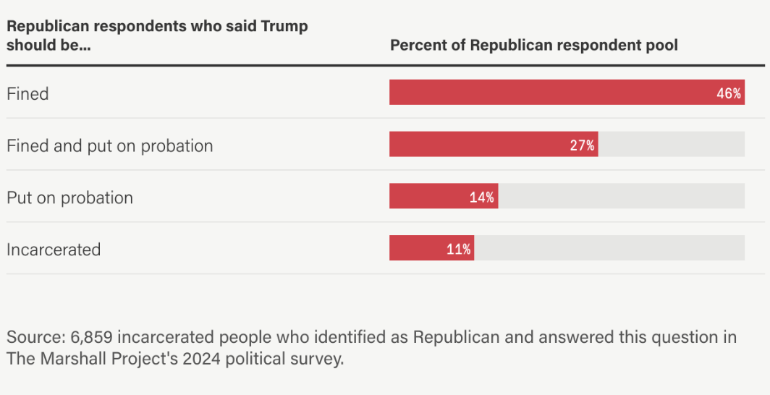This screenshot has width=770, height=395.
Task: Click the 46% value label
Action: point(729,93)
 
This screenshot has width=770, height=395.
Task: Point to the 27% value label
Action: point(582,145)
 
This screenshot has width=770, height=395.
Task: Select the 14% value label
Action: point(482,197)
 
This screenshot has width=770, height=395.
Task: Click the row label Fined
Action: point(27,94)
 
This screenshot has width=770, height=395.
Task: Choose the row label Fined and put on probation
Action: point(110,146)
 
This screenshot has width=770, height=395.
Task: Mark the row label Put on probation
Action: point(69,198)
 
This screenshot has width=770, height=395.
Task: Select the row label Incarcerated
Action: point(54,250)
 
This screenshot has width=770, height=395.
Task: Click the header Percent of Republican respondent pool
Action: point(534,46)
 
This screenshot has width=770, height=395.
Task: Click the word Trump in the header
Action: point(284,27)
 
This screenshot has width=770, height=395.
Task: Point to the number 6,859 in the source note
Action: point(92,338)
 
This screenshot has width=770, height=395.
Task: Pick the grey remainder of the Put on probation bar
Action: point(621,196)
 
